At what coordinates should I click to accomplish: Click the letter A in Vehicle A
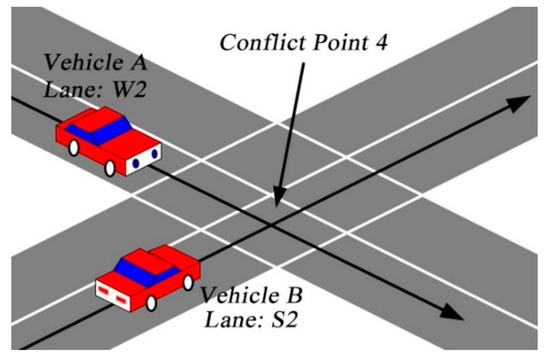136,62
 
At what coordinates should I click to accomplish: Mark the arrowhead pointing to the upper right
518,102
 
